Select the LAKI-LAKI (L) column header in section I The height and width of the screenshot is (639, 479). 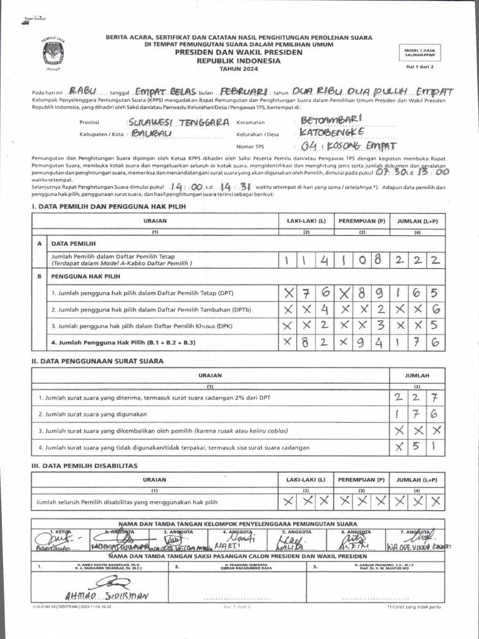pyautogui.click(x=306, y=221)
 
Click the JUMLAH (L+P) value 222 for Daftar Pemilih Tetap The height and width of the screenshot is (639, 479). pyautogui.click(x=417, y=260)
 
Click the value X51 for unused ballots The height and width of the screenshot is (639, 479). pyautogui.click(x=417, y=447)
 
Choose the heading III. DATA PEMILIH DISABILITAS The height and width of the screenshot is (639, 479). pyautogui.click(x=84, y=466)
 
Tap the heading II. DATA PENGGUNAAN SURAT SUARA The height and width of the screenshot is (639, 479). pyautogui.click(x=97, y=361)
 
